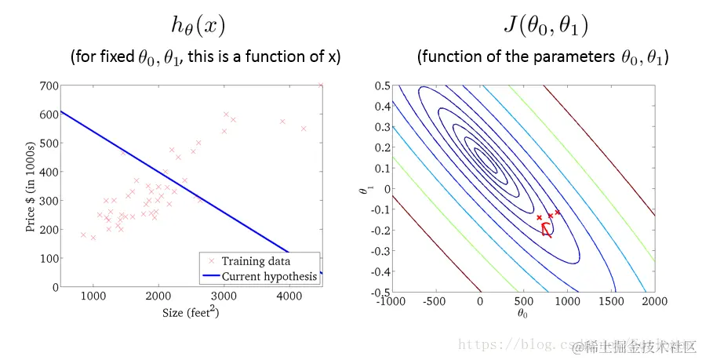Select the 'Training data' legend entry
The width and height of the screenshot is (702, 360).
click(256, 261)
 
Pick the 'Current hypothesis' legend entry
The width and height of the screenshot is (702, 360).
click(269, 276)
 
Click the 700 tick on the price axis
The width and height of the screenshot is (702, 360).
click(46, 85)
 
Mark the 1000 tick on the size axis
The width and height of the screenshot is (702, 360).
click(93, 296)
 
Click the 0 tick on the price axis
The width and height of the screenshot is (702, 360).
click(52, 287)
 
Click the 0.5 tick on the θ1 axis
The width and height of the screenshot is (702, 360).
click(381, 85)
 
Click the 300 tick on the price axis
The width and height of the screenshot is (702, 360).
click(46, 201)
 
